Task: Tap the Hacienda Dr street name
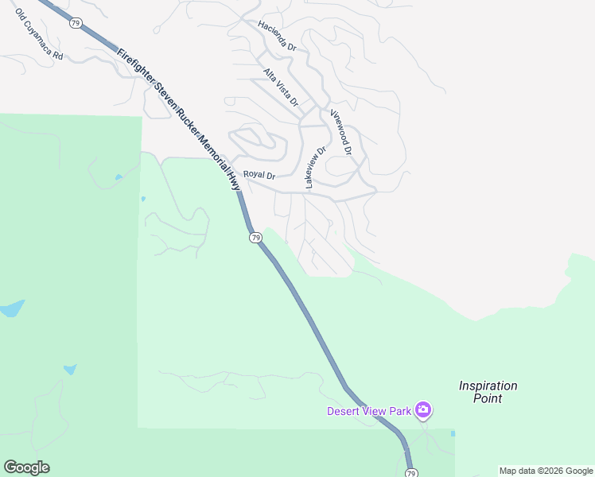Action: point(277,37)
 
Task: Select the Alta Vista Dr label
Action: point(281,87)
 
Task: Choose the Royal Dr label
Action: point(259,175)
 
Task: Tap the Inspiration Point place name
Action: point(488,392)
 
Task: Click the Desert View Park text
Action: point(369,411)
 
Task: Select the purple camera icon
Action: point(423,410)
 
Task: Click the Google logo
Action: point(26,467)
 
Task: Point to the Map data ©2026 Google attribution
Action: point(546,471)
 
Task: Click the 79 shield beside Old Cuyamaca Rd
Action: point(75,23)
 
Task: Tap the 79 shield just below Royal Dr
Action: point(255,238)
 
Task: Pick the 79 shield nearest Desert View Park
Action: point(410,473)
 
